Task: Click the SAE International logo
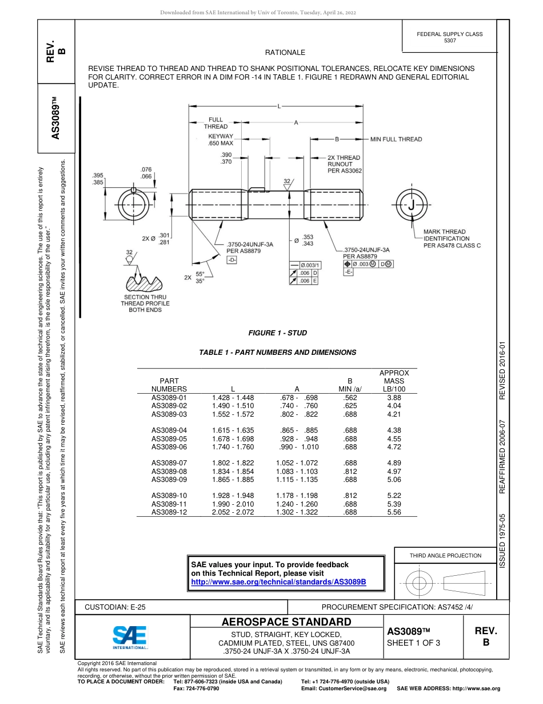pos(130,636)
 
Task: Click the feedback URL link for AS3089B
pos(278,582)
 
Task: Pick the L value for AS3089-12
pos(233,512)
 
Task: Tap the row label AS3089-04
pos(169,430)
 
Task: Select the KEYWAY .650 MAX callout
pos(221,140)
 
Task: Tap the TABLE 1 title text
pos(277,353)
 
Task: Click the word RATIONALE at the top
pos(285,53)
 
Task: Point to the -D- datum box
pos(232,260)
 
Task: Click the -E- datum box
pos(348,272)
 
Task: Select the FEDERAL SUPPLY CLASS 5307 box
pos(449,37)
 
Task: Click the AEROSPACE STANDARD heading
pos(286,622)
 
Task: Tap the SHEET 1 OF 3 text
pos(414,643)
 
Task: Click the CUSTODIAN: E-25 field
pos(115,607)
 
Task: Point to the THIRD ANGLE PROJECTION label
pos(445,555)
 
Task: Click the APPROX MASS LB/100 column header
pos(394,381)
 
